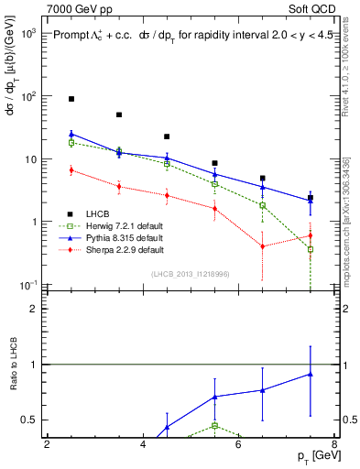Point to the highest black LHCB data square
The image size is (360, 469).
click(71, 98)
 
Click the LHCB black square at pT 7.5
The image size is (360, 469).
click(311, 198)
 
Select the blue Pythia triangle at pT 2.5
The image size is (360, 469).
click(71, 134)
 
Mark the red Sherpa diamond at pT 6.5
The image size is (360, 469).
click(263, 245)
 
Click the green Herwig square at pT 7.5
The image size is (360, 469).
click(311, 249)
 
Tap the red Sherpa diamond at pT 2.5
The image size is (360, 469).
click(71, 169)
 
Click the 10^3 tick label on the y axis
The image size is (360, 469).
click(28, 33)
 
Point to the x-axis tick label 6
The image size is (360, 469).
click(239, 444)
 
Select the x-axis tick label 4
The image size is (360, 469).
click(143, 444)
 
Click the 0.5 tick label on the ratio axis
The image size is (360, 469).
click(28, 420)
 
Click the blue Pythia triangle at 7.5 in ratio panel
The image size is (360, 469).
click(311, 374)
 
